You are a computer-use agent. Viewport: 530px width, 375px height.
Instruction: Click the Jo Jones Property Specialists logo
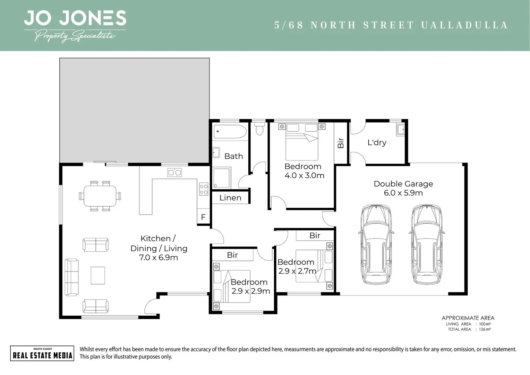(75, 26)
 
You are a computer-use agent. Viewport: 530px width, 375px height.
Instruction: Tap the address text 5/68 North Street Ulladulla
(391, 25)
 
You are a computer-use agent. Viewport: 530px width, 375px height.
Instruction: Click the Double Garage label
(403, 184)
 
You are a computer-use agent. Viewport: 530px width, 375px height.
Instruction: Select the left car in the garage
(376, 244)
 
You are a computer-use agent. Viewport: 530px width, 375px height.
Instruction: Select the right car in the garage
(426, 244)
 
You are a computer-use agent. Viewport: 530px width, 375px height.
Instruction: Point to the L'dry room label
(377, 142)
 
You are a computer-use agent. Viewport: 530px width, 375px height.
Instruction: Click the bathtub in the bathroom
(230, 132)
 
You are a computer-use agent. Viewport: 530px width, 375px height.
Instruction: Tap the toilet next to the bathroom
(259, 129)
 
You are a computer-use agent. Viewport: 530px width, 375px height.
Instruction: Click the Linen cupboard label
(230, 198)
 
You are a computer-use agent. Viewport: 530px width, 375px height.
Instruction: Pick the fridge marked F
(203, 217)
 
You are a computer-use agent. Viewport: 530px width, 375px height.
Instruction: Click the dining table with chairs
(100, 196)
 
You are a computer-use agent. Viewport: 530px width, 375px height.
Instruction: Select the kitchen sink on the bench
(174, 172)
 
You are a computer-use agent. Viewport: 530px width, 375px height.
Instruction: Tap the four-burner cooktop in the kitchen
(204, 189)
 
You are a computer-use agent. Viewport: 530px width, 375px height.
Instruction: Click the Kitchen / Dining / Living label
(159, 248)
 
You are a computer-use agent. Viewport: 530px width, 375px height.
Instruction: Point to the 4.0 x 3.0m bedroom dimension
(304, 176)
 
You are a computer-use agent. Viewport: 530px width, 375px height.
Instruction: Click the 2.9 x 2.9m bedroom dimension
(250, 291)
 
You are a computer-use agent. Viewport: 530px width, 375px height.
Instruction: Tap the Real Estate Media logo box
(42, 353)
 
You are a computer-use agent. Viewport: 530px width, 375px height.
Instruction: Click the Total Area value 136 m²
(485, 329)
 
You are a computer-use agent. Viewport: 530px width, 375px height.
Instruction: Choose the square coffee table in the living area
(98, 275)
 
